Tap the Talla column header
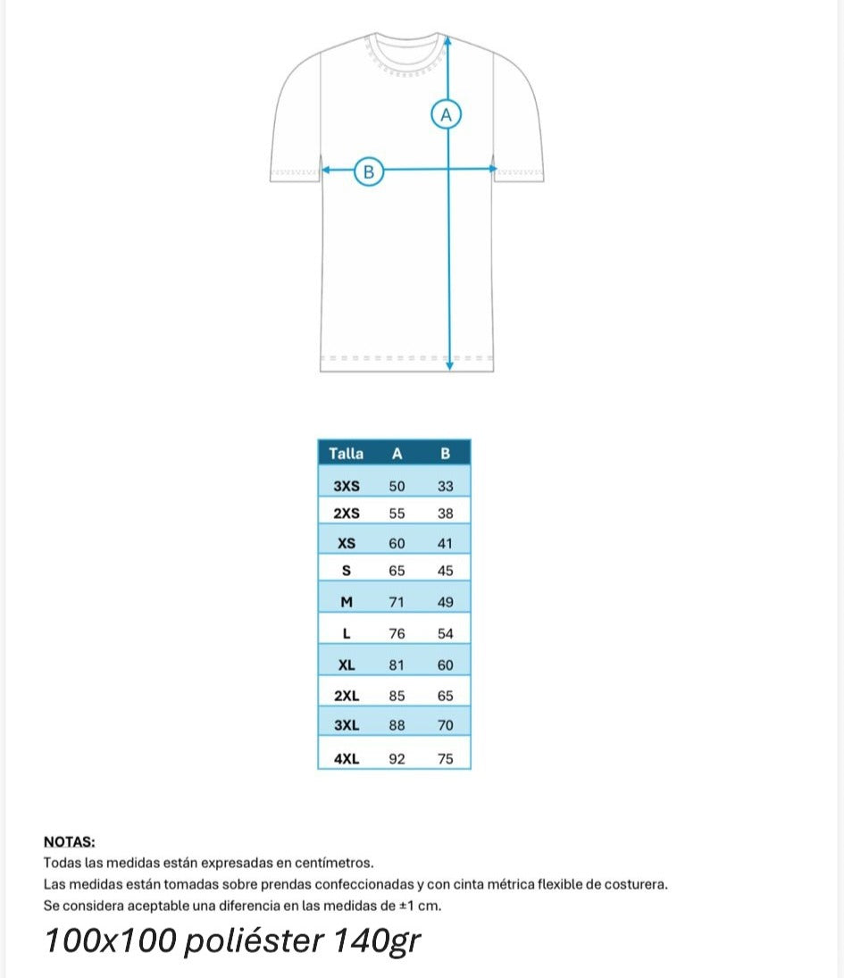tap(347, 453)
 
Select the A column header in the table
tap(397, 453)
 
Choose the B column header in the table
tap(446, 453)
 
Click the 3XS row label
tap(347, 486)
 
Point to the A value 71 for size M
tap(397, 602)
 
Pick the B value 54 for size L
tap(446, 633)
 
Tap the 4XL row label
tap(347, 758)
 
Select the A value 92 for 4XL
tap(397, 758)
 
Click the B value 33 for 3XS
tap(446, 486)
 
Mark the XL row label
tap(347, 665)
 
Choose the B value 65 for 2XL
tap(446, 695)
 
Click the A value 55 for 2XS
tap(397, 514)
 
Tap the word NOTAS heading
tap(70, 841)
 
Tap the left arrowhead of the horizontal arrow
tap(326, 169)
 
